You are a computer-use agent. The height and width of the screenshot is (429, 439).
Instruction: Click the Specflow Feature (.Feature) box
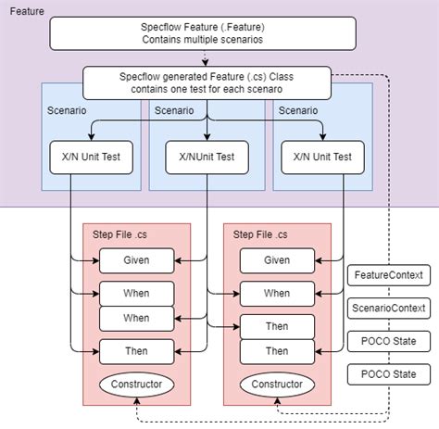(202, 34)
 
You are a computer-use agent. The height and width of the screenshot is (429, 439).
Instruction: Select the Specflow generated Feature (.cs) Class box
(207, 82)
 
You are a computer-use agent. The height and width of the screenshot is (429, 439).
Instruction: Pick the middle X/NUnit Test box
(207, 157)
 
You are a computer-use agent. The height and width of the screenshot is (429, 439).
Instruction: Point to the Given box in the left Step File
(136, 260)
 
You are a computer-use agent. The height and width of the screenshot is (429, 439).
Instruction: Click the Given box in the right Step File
(277, 260)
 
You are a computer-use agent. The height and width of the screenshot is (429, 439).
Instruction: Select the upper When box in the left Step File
(136, 293)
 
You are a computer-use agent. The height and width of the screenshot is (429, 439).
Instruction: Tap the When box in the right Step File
(277, 293)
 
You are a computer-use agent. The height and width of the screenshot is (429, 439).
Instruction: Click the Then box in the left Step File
(136, 350)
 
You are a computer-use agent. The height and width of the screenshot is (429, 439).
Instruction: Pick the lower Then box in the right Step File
(277, 350)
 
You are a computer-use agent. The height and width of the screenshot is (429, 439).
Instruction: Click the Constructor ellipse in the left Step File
(136, 382)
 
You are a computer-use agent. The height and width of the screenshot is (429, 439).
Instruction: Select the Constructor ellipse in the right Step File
(277, 382)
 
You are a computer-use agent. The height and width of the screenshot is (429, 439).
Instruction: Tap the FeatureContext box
(389, 275)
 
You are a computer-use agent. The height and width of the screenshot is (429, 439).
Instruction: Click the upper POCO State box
(389, 340)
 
